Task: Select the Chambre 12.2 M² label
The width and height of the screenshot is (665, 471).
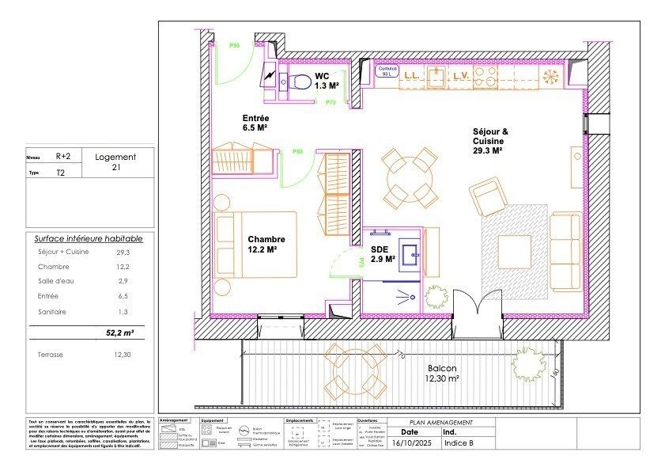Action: (266, 245)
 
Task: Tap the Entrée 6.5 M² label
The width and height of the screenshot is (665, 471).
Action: (259, 122)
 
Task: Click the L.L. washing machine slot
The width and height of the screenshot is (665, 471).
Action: (411, 76)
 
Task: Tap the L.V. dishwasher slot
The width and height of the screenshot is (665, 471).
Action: (460, 76)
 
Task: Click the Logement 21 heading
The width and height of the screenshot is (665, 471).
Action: (115, 161)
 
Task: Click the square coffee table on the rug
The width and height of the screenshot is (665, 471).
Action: (514, 253)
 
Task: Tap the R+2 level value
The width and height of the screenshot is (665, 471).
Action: (64, 157)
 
